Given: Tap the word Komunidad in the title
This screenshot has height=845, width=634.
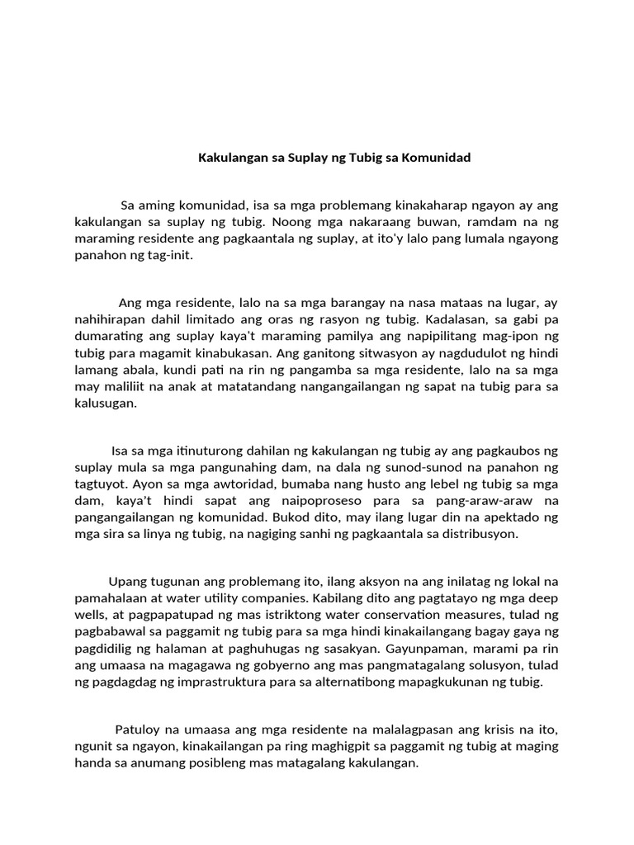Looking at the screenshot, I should point(437,157).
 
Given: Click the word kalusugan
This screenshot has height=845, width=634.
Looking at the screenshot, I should point(105,403).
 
